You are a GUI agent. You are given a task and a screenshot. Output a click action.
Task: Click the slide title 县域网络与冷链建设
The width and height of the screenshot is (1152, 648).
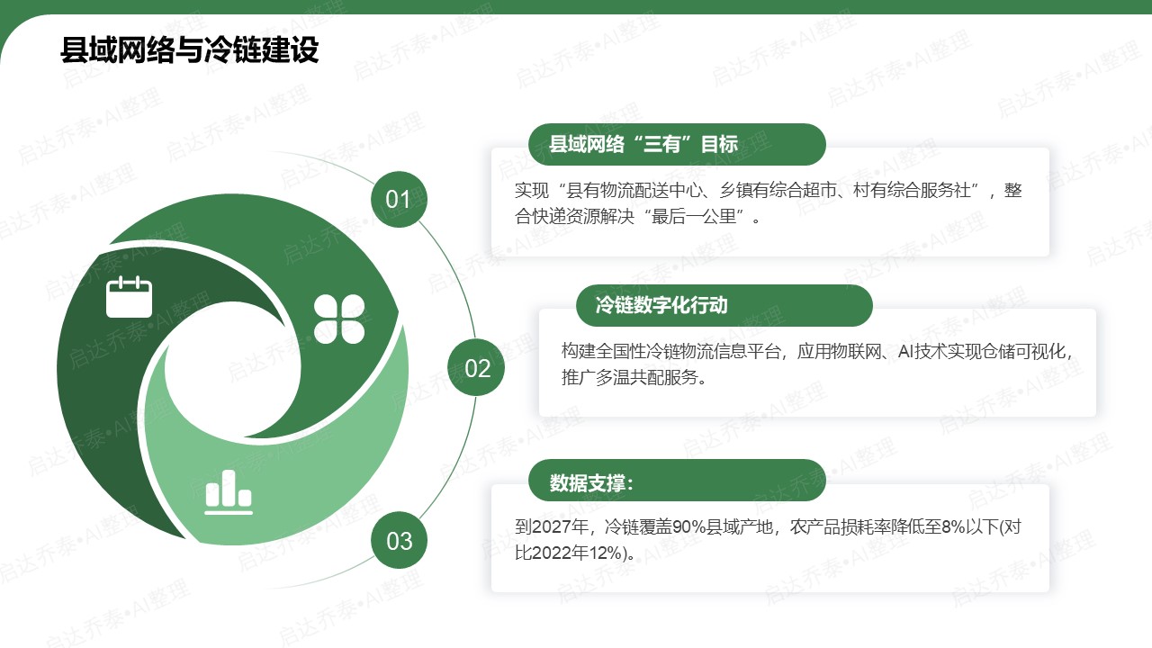click(x=190, y=49)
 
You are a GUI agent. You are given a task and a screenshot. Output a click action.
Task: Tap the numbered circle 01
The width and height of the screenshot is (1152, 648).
click(x=399, y=199)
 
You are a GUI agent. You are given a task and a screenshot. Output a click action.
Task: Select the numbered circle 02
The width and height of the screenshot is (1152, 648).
click(x=476, y=367)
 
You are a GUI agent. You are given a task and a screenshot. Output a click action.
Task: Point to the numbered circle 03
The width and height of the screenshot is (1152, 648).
click(x=399, y=540)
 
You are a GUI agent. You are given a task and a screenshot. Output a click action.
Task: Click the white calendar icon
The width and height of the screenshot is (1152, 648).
click(x=129, y=297)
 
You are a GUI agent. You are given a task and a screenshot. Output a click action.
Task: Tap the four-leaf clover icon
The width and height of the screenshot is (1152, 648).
click(x=339, y=319)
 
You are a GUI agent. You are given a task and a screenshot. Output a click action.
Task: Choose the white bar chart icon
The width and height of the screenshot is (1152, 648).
click(x=229, y=492)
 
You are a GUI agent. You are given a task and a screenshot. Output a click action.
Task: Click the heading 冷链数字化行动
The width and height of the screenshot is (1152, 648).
click(x=661, y=305)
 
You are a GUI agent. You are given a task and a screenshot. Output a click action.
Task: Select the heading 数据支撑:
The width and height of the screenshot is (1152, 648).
click(x=591, y=483)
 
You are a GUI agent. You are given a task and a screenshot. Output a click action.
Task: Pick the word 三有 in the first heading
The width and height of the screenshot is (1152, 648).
click(x=662, y=144)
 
